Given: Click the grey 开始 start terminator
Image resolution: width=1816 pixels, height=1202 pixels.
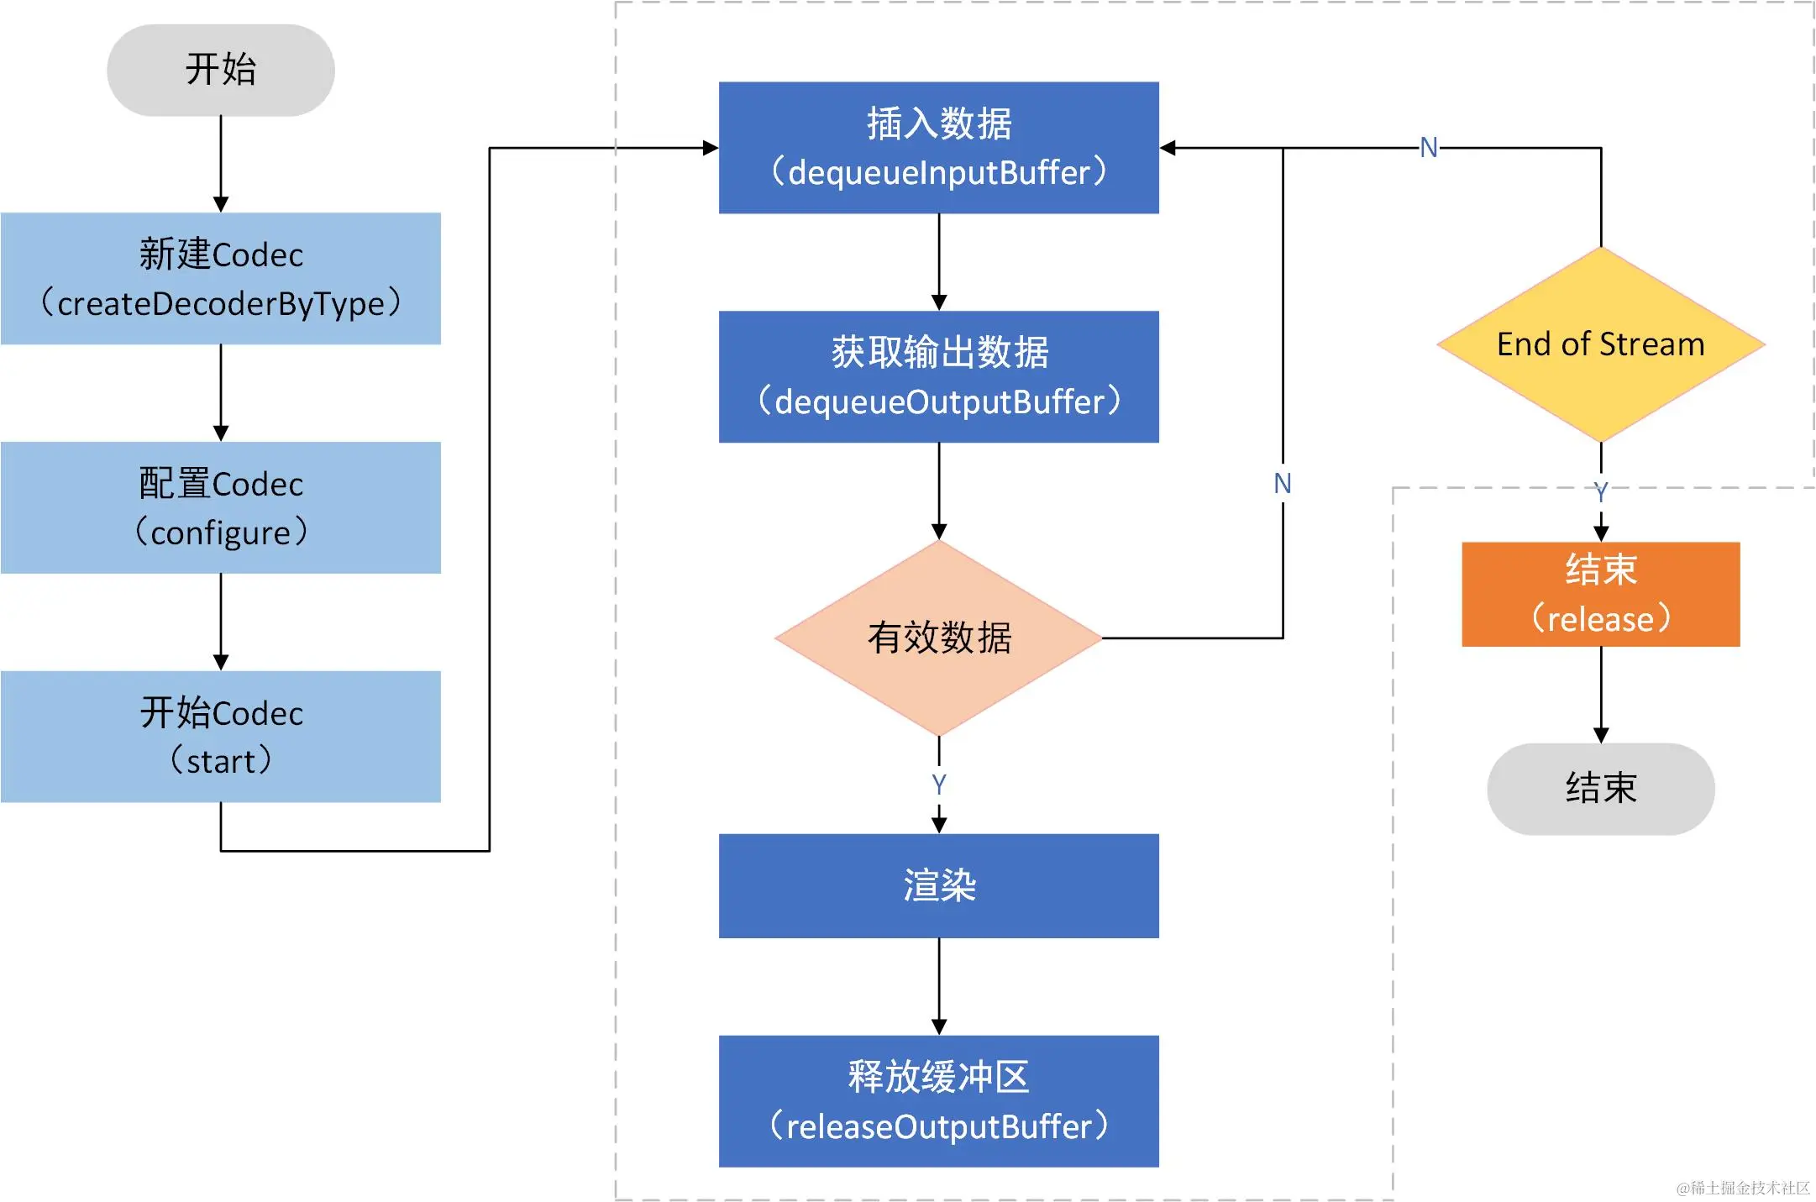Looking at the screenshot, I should coord(220,70).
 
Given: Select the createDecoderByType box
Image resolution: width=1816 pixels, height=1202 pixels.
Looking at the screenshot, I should coord(220,278).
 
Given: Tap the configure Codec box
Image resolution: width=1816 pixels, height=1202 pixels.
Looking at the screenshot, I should coord(220,507).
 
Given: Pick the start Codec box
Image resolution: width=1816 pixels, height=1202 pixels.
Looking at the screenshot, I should coord(220,736).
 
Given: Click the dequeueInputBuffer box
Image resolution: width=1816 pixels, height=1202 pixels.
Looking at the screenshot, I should coord(938,147).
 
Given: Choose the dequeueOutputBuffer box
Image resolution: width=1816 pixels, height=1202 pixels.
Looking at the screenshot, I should coord(938,376).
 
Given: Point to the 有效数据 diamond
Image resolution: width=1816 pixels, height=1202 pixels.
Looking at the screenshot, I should coord(938,638).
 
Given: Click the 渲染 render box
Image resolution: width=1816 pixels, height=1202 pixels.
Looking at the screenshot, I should coord(938,885).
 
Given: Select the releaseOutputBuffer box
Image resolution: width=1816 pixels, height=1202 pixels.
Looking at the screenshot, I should coord(938,1100).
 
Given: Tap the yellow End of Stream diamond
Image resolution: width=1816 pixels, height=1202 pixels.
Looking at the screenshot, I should coord(1600,344).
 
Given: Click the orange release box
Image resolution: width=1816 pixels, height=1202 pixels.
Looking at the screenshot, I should coord(1600,594).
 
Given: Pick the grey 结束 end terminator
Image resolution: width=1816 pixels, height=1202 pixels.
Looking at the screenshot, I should coord(1600,788).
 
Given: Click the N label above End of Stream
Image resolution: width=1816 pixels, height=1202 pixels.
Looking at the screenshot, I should coord(1428,148).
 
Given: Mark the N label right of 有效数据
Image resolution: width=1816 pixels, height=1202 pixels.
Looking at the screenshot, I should coord(1282,484).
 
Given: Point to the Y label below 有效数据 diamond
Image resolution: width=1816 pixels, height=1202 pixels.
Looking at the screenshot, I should coord(938,784).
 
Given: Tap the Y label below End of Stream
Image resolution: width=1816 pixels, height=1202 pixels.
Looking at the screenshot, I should coord(1600,491).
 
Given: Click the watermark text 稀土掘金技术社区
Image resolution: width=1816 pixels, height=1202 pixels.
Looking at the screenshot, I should coord(1743,1187).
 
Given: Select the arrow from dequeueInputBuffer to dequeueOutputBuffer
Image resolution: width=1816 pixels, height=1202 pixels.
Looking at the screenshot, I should coord(938,261).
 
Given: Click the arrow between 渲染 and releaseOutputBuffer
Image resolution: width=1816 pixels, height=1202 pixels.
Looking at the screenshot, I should coord(938,986).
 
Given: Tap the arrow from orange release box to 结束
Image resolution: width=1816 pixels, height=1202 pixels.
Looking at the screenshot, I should coord(1600,695).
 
